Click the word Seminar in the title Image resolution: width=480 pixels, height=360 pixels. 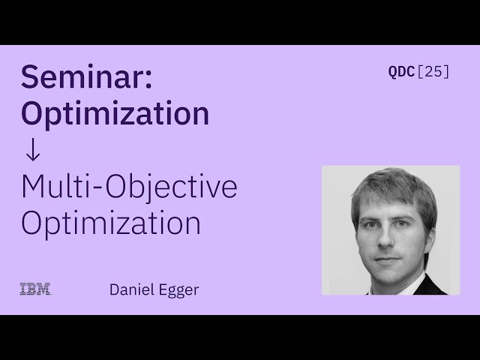coord(83,78)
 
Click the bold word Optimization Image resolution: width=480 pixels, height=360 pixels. coord(115,113)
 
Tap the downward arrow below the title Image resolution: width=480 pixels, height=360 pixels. coord(31,149)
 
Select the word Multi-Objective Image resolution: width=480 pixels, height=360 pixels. coord(129,187)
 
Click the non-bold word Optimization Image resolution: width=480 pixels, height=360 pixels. coord(110,223)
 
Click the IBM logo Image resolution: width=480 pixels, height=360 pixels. coord(35,289)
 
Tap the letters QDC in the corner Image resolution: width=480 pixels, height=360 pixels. coord(400,72)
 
